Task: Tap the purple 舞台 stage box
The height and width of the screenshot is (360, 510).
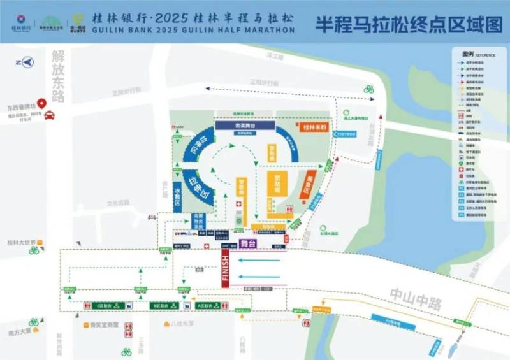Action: pos(248,244)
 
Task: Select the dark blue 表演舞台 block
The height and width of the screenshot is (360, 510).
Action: pos(245,126)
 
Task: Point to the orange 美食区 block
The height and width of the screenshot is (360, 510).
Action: pos(309,184)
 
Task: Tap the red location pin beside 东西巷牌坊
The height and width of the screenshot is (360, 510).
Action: pos(42,103)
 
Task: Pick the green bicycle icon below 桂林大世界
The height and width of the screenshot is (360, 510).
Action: pos(34,250)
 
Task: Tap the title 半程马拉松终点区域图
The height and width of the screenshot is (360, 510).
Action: pos(408,25)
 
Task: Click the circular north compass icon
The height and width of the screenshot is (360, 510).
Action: pos(25,62)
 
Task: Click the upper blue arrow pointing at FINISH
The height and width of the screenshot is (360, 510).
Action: pos(259,260)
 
